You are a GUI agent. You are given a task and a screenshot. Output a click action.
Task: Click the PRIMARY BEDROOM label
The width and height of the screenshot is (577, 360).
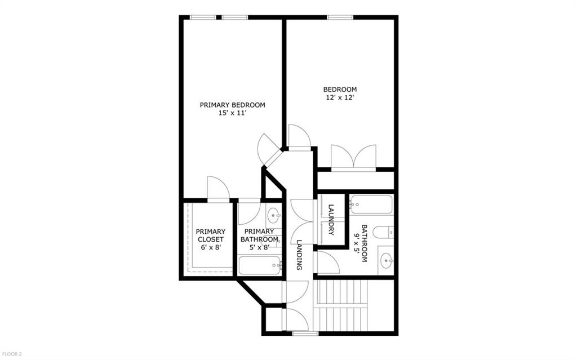pyautogui.click(x=232, y=105)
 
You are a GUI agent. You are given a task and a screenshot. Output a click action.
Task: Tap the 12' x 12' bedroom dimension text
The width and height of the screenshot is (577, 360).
pyautogui.click(x=340, y=97)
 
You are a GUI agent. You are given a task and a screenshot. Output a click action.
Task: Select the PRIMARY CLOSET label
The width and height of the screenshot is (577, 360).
pyautogui.click(x=211, y=235)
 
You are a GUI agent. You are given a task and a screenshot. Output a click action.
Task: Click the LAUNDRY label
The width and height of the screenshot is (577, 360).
pyautogui.click(x=331, y=220)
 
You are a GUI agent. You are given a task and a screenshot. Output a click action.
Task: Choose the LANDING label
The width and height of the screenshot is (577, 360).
pyautogui.click(x=299, y=255)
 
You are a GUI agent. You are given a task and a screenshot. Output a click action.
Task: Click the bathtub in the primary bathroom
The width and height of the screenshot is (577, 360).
pyautogui.click(x=260, y=266)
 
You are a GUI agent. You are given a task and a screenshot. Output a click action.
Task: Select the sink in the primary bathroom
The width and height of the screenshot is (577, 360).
pyautogui.click(x=273, y=215)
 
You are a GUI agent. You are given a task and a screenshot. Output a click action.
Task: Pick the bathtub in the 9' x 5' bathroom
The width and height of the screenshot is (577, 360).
pyautogui.click(x=371, y=205)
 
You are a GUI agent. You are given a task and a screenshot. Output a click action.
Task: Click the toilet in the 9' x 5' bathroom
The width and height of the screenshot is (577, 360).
pyautogui.click(x=383, y=233)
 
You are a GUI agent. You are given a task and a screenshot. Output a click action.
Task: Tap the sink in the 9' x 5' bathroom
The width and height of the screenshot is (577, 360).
pyautogui.click(x=387, y=261)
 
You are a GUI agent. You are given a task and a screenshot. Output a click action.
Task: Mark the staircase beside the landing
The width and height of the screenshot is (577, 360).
pyautogui.click(x=341, y=305)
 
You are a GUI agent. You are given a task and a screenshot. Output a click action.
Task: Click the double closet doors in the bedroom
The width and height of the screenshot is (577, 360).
pyautogui.click(x=354, y=158)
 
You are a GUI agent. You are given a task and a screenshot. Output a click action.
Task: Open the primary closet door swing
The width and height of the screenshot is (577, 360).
pyautogui.click(x=219, y=189)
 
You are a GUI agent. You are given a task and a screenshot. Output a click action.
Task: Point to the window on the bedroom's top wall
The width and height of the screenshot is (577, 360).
pyautogui.click(x=340, y=17)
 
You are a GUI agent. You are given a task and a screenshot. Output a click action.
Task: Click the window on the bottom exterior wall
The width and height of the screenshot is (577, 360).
pyautogui.click(x=305, y=334)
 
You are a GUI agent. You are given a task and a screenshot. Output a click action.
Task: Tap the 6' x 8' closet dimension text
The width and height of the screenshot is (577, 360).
pyautogui.click(x=211, y=248)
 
